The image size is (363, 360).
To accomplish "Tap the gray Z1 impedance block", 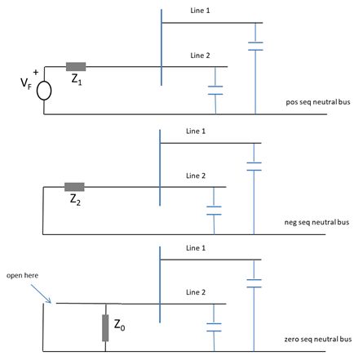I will (x=77, y=66).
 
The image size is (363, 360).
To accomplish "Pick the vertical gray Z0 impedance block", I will (x=106, y=325).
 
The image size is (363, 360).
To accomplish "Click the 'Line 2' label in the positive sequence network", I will (x=200, y=55).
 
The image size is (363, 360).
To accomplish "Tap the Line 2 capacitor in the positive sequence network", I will (x=215, y=91).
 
